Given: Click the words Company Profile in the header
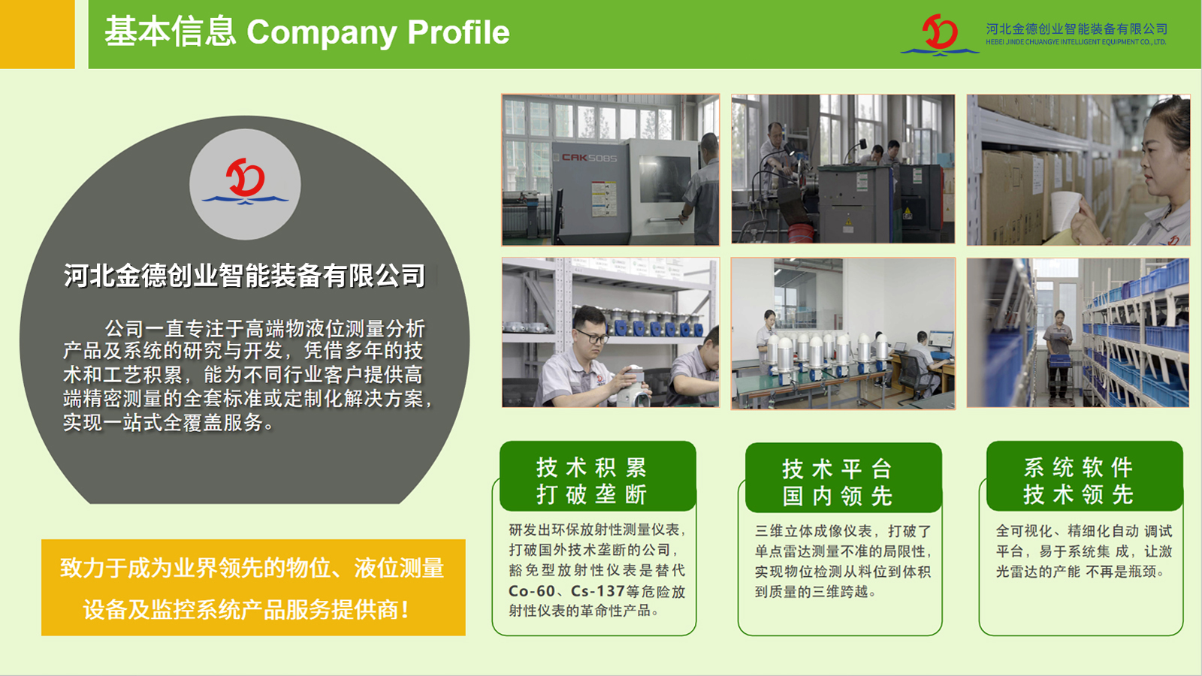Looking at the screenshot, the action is click(378, 32).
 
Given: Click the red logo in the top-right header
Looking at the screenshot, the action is click(940, 35).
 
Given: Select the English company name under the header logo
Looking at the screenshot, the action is click(1076, 42).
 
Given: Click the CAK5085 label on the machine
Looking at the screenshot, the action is click(589, 158).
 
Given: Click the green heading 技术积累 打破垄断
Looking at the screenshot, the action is click(591, 481).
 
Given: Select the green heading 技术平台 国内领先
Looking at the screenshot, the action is click(837, 482).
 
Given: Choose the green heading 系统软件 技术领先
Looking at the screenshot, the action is click(1078, 481).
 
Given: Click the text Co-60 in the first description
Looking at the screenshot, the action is click(531, 590).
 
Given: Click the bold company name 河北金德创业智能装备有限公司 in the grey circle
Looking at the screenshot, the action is click(245, 275).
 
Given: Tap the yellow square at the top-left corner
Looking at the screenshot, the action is click(37, 35).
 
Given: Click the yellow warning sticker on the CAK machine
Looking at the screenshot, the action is click(604, 198).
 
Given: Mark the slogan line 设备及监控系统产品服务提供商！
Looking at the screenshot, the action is click(246, 609).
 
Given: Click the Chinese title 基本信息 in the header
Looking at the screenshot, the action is click(170, 32).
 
